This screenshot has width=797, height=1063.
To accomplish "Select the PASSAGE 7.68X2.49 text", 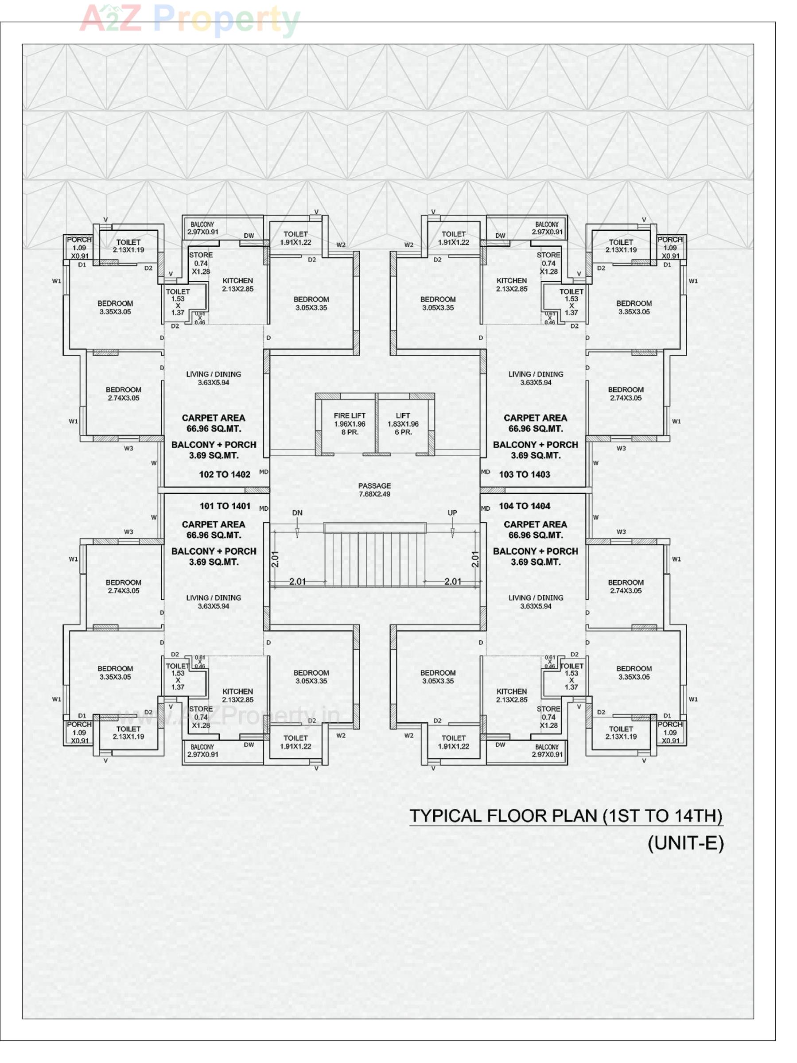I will point(374,490).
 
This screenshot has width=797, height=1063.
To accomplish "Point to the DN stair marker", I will point(297,513).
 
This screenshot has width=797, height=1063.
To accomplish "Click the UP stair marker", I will point(452,513).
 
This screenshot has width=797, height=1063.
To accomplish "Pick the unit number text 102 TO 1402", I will point(225,474).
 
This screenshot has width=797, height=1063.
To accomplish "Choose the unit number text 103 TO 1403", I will point(524,474).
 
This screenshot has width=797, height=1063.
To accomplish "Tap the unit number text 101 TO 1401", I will point(225,506).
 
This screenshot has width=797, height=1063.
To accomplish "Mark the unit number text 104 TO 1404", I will point(524,506).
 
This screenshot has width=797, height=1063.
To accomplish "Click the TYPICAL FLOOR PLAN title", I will point(566,816).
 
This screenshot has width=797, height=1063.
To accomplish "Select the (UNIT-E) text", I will point(685,843).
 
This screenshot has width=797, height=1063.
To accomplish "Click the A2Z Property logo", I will point(190,19).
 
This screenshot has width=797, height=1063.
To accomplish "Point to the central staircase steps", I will point(375,558).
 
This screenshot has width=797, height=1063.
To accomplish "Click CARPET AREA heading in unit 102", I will point(214,418).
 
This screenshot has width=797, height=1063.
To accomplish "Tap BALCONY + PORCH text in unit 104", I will point(536,551).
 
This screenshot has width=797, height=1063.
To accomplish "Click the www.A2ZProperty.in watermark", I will point(228,716).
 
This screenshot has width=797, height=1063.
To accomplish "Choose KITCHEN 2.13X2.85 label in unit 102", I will point(237,284).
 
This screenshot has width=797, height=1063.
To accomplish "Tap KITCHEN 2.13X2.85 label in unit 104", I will point(511,695).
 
